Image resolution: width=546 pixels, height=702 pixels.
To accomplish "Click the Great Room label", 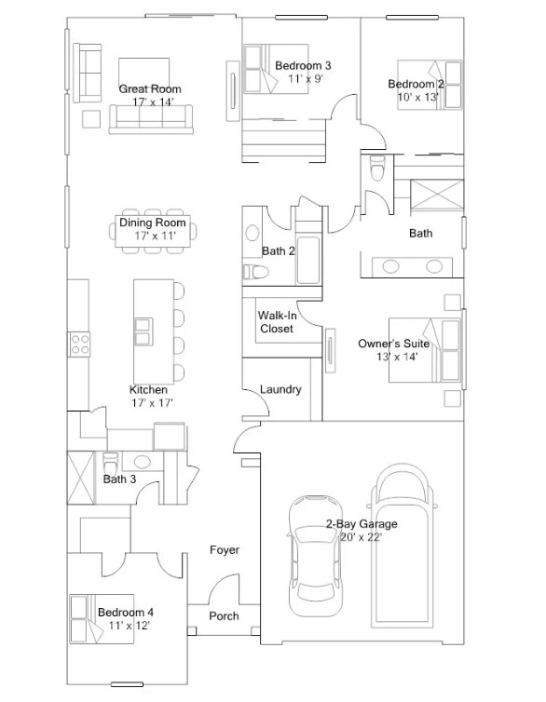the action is point(150,88).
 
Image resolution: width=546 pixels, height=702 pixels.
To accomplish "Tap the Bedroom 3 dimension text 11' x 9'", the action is point(306,79).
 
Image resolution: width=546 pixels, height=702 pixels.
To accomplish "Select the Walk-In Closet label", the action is point(277,322).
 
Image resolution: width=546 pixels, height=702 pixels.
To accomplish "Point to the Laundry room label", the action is point(280,389).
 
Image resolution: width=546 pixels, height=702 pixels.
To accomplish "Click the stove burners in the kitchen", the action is point(80,344).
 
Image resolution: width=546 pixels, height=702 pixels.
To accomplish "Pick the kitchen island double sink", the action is point(143,331).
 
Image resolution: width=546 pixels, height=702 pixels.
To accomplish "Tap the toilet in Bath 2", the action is point(255,272).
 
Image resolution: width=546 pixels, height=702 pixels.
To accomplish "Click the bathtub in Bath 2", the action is point(308,260).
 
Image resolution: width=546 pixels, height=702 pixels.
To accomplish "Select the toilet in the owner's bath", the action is point(377,168).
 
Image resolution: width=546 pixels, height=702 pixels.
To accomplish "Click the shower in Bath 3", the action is point(81,478).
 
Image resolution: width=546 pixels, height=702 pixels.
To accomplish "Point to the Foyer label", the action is point(225,550).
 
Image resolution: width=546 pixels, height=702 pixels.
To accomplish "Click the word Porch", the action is point(224,616).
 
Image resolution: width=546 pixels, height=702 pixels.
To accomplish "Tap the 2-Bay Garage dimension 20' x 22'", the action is point(361,537).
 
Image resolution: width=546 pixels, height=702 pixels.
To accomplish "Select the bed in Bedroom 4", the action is point(102,619).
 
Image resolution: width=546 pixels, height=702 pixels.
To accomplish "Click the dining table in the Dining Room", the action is point(153,231).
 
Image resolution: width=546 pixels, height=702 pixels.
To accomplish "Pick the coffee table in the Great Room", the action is point(143,72).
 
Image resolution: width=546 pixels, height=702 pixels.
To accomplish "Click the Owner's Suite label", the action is point(394,344).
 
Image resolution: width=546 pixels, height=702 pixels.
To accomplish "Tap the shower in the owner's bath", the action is point(437,195).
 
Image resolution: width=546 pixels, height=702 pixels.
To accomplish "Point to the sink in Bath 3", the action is point(142,461).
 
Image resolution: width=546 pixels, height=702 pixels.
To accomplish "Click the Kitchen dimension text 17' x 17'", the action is point(152,403).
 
